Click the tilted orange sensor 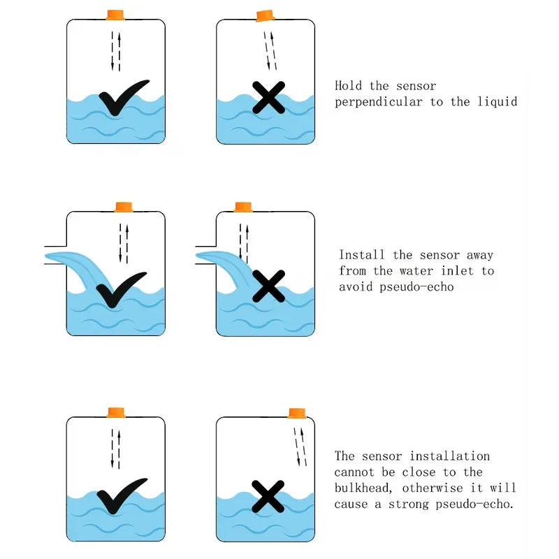[266, 15]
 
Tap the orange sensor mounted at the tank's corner [298, 412]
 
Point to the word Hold [349, 86]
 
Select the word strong [419, 504]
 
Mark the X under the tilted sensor [268, 98]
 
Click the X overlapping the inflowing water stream [268, 285]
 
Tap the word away [479, 255]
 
